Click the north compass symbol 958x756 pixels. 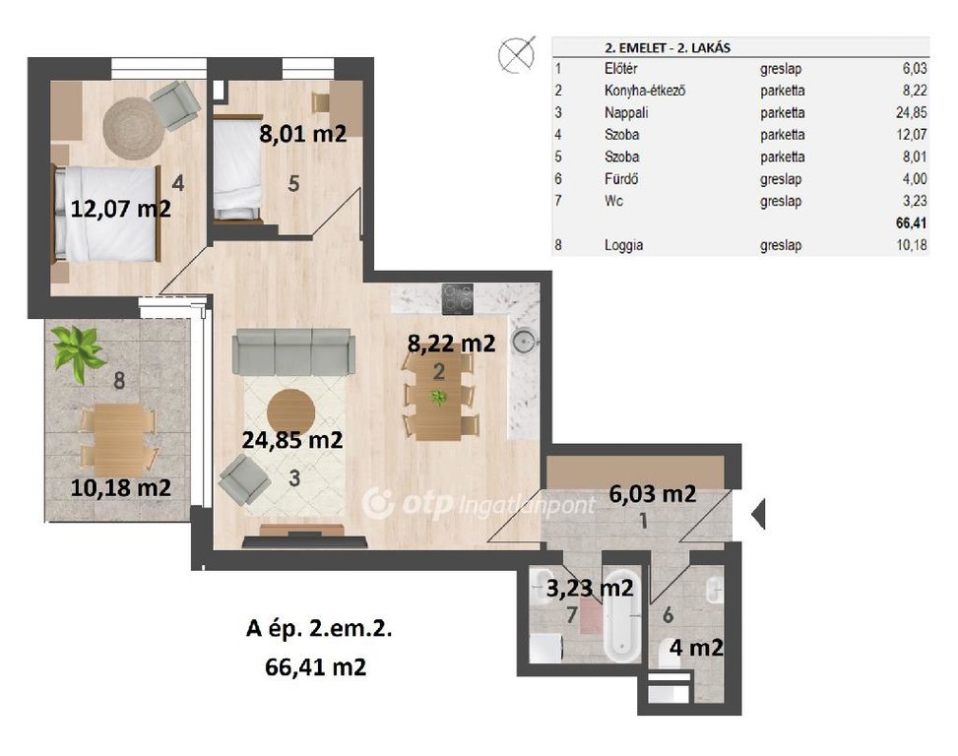(516, 54)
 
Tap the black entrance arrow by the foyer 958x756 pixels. (757, 514)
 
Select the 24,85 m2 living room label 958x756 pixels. (292, 440)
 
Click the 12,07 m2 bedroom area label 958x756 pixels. (120, 209)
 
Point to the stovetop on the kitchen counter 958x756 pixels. (458, 299)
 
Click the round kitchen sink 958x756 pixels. (523, 342)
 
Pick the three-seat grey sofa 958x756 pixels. (293, 351)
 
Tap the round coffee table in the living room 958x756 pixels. (290, 412)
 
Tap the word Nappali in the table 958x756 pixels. (626, 113)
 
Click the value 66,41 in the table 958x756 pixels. (911, 222)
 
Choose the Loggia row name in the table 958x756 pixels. (623, 245)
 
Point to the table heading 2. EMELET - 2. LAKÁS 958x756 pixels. (668, 47)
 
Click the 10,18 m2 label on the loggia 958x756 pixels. (120, 488)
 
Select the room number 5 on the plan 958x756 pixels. (293, 183)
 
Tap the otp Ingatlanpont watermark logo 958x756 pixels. (479, 504)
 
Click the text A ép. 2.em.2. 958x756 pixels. (318, 628)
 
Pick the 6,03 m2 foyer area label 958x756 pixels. (653, 493)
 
